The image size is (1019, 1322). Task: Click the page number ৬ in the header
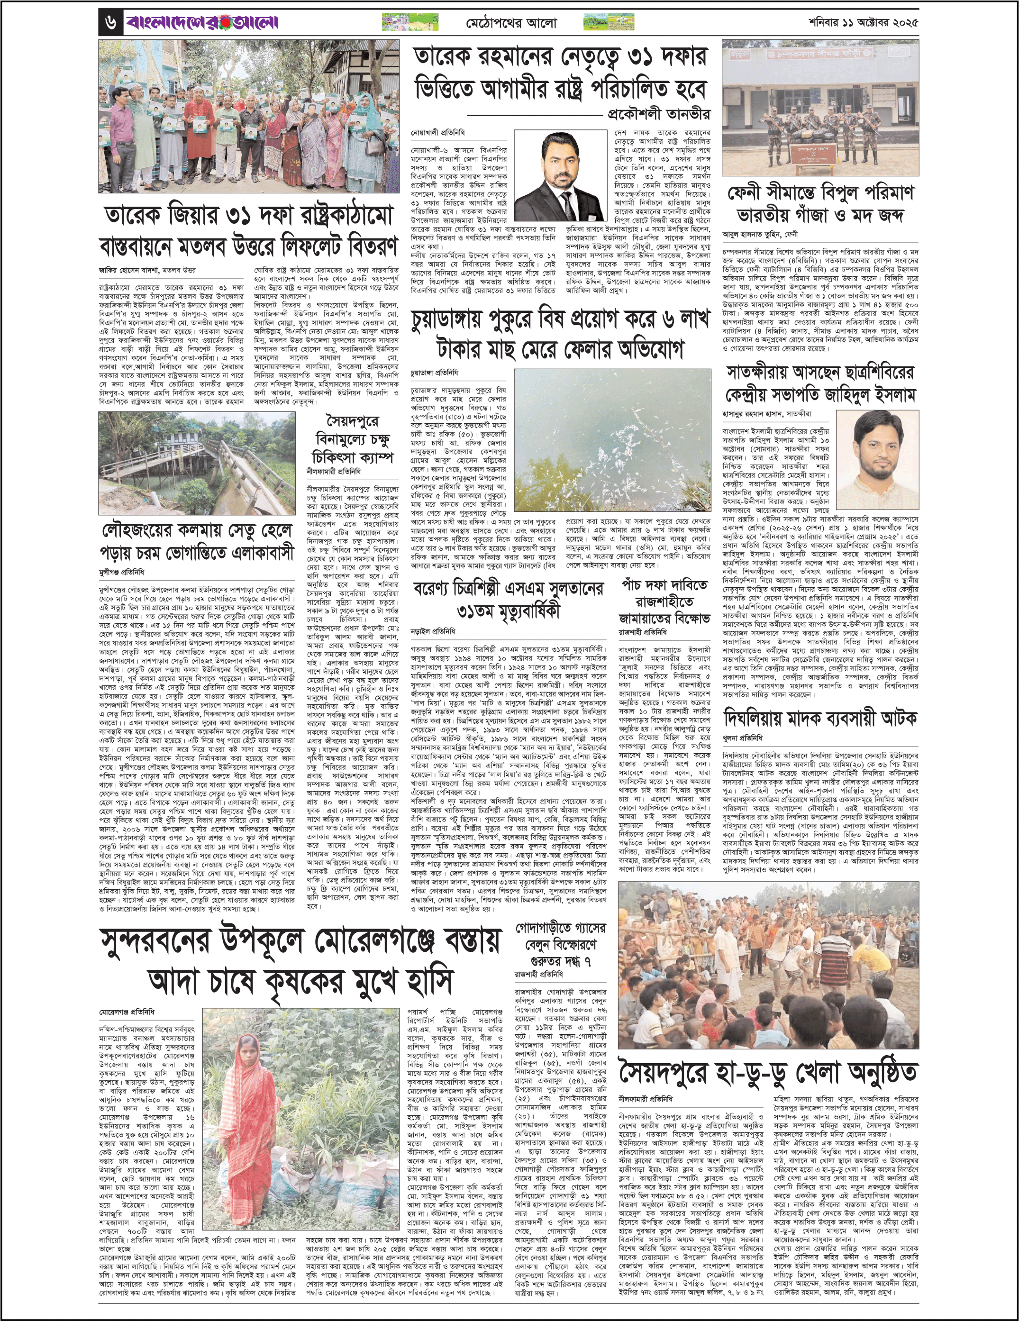(110, 24)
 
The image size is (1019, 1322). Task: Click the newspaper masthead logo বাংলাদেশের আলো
(203, 24)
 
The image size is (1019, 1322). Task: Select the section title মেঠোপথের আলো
(511, 24)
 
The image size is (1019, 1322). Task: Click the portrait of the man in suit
(560, 175)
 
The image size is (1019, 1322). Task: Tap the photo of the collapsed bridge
(197, 463)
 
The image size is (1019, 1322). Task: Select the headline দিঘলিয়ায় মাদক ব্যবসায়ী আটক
(820, 719)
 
